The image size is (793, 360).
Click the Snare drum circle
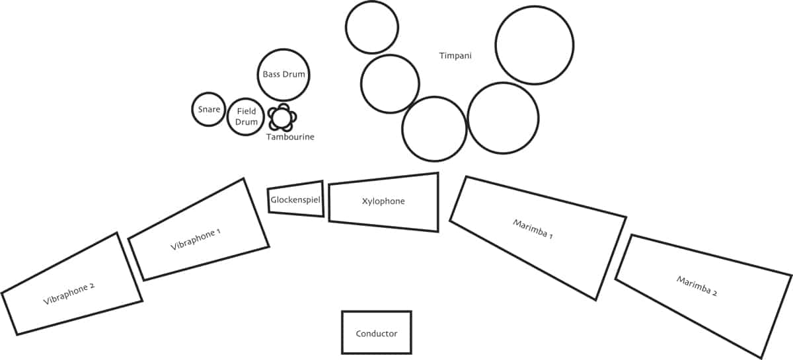[209, 109]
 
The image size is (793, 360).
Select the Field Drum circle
[246, 117]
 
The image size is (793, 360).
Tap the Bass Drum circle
[283, 74]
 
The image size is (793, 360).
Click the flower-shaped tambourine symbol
[282, 118]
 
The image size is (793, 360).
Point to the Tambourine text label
[290, 137]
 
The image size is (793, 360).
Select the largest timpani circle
[534, 45]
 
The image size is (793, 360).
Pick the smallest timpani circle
[371, 27]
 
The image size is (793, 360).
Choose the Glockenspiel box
[295, 198]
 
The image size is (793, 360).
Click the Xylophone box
[383, 201]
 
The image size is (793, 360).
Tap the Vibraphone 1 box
[198, 231]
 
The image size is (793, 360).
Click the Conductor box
[376, 333]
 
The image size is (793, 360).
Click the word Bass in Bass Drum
[271, 74]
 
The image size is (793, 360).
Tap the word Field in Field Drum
[246, 112]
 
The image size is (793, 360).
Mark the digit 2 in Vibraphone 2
[93, 285]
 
